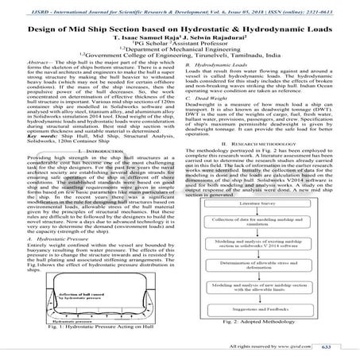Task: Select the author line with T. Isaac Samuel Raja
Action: pyautogui.click(x=180, y=36)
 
